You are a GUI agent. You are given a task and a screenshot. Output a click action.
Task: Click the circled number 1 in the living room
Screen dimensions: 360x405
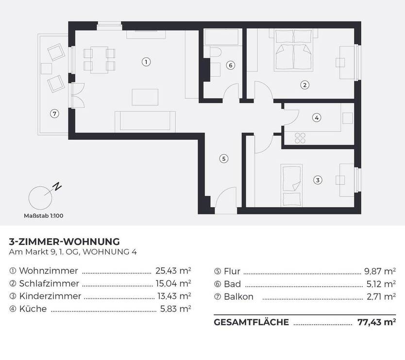[145, 62]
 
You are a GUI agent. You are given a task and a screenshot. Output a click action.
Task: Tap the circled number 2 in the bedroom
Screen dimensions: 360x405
[304, 85]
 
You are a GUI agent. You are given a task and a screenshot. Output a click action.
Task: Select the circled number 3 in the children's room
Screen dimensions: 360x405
[317, 180]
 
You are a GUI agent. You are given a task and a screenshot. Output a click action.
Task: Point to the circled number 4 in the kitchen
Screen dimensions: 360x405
[316, 117]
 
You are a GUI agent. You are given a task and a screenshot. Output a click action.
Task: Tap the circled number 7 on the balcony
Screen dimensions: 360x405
[54, 114]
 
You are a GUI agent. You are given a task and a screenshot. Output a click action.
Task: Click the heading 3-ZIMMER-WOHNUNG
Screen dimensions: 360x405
[65, 241]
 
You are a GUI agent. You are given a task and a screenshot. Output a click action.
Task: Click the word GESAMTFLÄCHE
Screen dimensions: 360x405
[252, 322]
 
